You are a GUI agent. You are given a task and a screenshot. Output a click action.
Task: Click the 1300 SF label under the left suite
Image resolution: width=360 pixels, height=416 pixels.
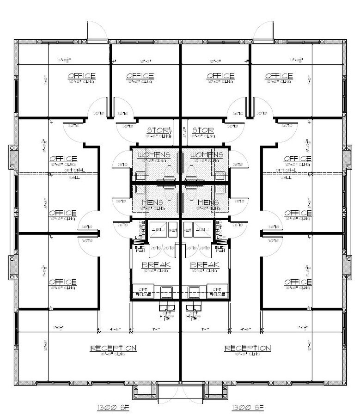(113, 408)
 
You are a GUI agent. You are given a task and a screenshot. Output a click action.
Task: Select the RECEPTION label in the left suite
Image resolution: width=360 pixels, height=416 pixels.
(113, 348)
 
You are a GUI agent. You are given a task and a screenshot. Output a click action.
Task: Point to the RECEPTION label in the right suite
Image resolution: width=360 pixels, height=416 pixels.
(248, 348)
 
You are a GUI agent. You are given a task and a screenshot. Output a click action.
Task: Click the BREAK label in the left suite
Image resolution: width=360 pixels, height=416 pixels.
(156, 265)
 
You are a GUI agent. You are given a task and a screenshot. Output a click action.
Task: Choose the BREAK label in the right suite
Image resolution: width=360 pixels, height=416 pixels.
(204, 265)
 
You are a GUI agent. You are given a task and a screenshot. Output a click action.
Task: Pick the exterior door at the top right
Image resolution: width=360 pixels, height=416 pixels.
(262, 31)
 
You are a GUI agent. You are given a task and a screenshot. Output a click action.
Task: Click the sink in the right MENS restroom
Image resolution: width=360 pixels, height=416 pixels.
(220, 190)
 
